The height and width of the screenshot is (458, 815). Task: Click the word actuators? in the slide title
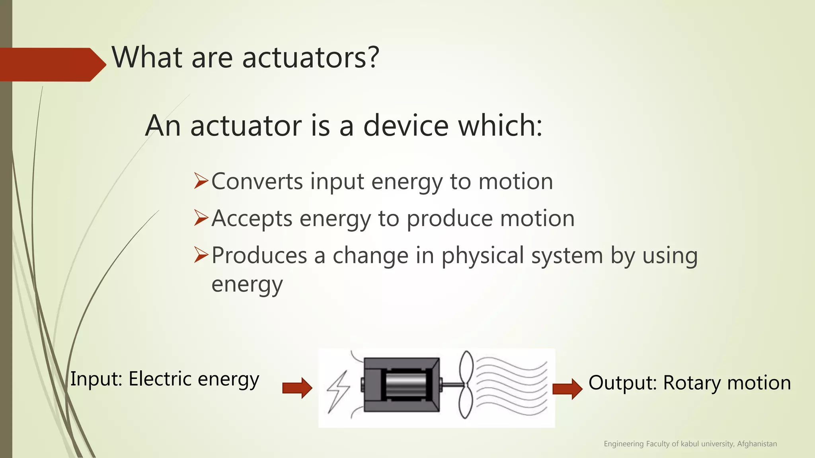(x=310, y=58)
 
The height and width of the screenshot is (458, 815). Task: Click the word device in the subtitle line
(x=406, y=126)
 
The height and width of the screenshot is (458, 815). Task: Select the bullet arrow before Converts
(x=201, y=181)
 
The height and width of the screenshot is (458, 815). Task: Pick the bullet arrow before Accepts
(x=201, y=218)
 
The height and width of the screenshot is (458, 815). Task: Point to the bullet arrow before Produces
(x=201, y=255)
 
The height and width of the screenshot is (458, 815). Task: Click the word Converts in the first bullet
(x=257, y=182)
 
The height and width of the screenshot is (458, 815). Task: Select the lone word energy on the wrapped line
(x=247, y=285)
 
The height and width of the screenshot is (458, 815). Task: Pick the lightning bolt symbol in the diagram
(x=338, y=392)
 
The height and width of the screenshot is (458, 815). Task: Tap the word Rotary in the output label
(x=692, y=383)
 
